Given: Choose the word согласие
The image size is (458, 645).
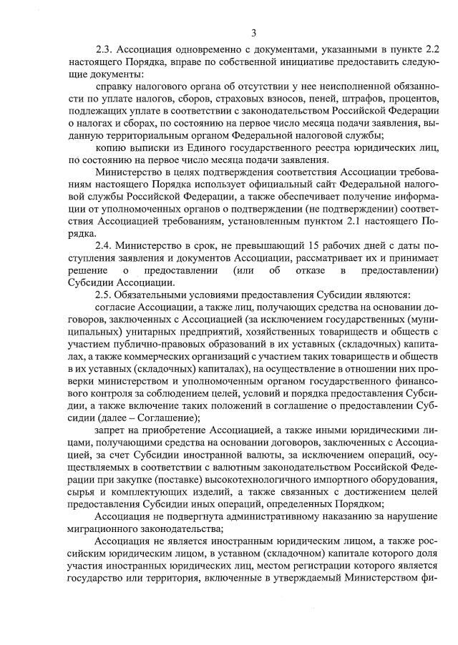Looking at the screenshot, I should coord(116,306).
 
